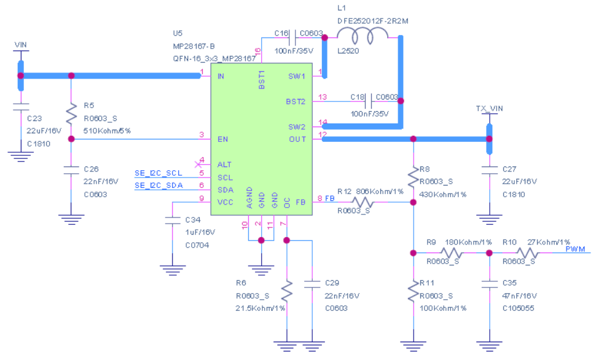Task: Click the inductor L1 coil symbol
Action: tap(363, 36)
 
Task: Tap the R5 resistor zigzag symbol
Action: tap(71, 113)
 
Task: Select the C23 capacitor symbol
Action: tap(20, 107)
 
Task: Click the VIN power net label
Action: tap(20, 45)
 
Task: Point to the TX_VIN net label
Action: tap(489, 109)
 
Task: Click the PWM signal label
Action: tap(575, 249)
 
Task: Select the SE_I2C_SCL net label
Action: tap(159, 173)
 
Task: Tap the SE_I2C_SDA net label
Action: tap(159, 186)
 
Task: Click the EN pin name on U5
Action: tap(222, 139)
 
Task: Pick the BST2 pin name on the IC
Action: tap(296, 101)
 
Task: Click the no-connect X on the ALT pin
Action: tap(198, 164)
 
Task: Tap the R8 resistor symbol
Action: tap(413, 177)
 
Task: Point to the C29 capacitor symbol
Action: tap(312, 284)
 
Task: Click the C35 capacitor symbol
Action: tap(489, 284)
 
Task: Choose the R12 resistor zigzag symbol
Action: tap(363, 202)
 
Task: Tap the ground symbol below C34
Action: tap(173, 270)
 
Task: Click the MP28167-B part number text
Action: tap(194, 46)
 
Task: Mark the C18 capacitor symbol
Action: tap(369, 101)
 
